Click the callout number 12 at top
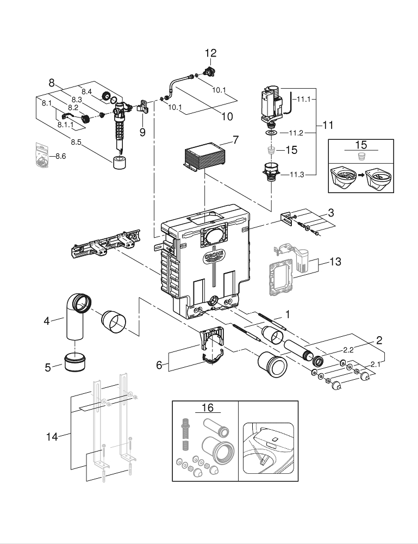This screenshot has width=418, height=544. [210, 53]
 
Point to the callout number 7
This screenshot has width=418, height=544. [235, 140]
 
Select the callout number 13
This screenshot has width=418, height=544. [335, 262]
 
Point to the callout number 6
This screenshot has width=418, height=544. [159, 365]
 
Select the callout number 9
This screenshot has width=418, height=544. [142, 131]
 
